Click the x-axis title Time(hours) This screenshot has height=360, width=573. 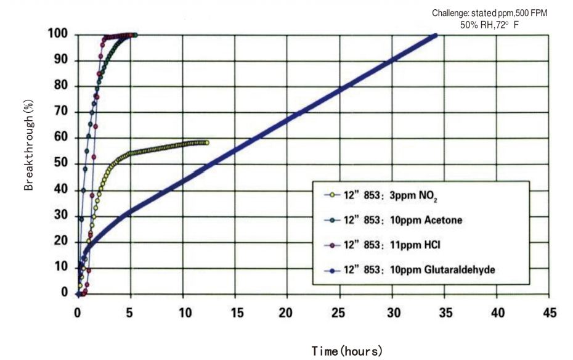pos(347,351)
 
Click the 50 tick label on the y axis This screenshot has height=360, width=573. pos(60,163)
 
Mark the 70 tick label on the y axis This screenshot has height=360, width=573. pos(60,112)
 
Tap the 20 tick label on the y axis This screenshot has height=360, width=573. pos(60,241)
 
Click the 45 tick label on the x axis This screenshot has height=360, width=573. pos(548,313)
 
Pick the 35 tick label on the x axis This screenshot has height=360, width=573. pos(444,313)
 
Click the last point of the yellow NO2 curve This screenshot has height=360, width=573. pos(206,142)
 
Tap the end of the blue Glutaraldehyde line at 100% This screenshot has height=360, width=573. pos(436,35)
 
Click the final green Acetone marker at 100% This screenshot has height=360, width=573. pos(135,35)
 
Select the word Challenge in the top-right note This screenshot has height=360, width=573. pos(452,13)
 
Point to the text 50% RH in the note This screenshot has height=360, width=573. pos(479,25)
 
